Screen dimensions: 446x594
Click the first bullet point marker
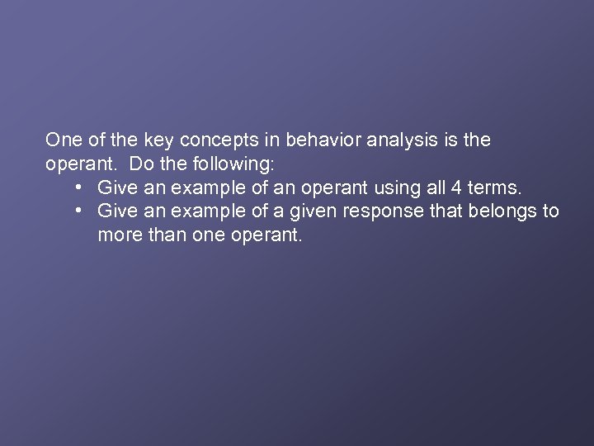(78, 187)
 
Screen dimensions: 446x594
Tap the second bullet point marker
(78, 211)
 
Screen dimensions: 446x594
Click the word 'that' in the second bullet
(446, 211)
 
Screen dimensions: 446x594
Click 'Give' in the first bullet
(116, 187)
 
